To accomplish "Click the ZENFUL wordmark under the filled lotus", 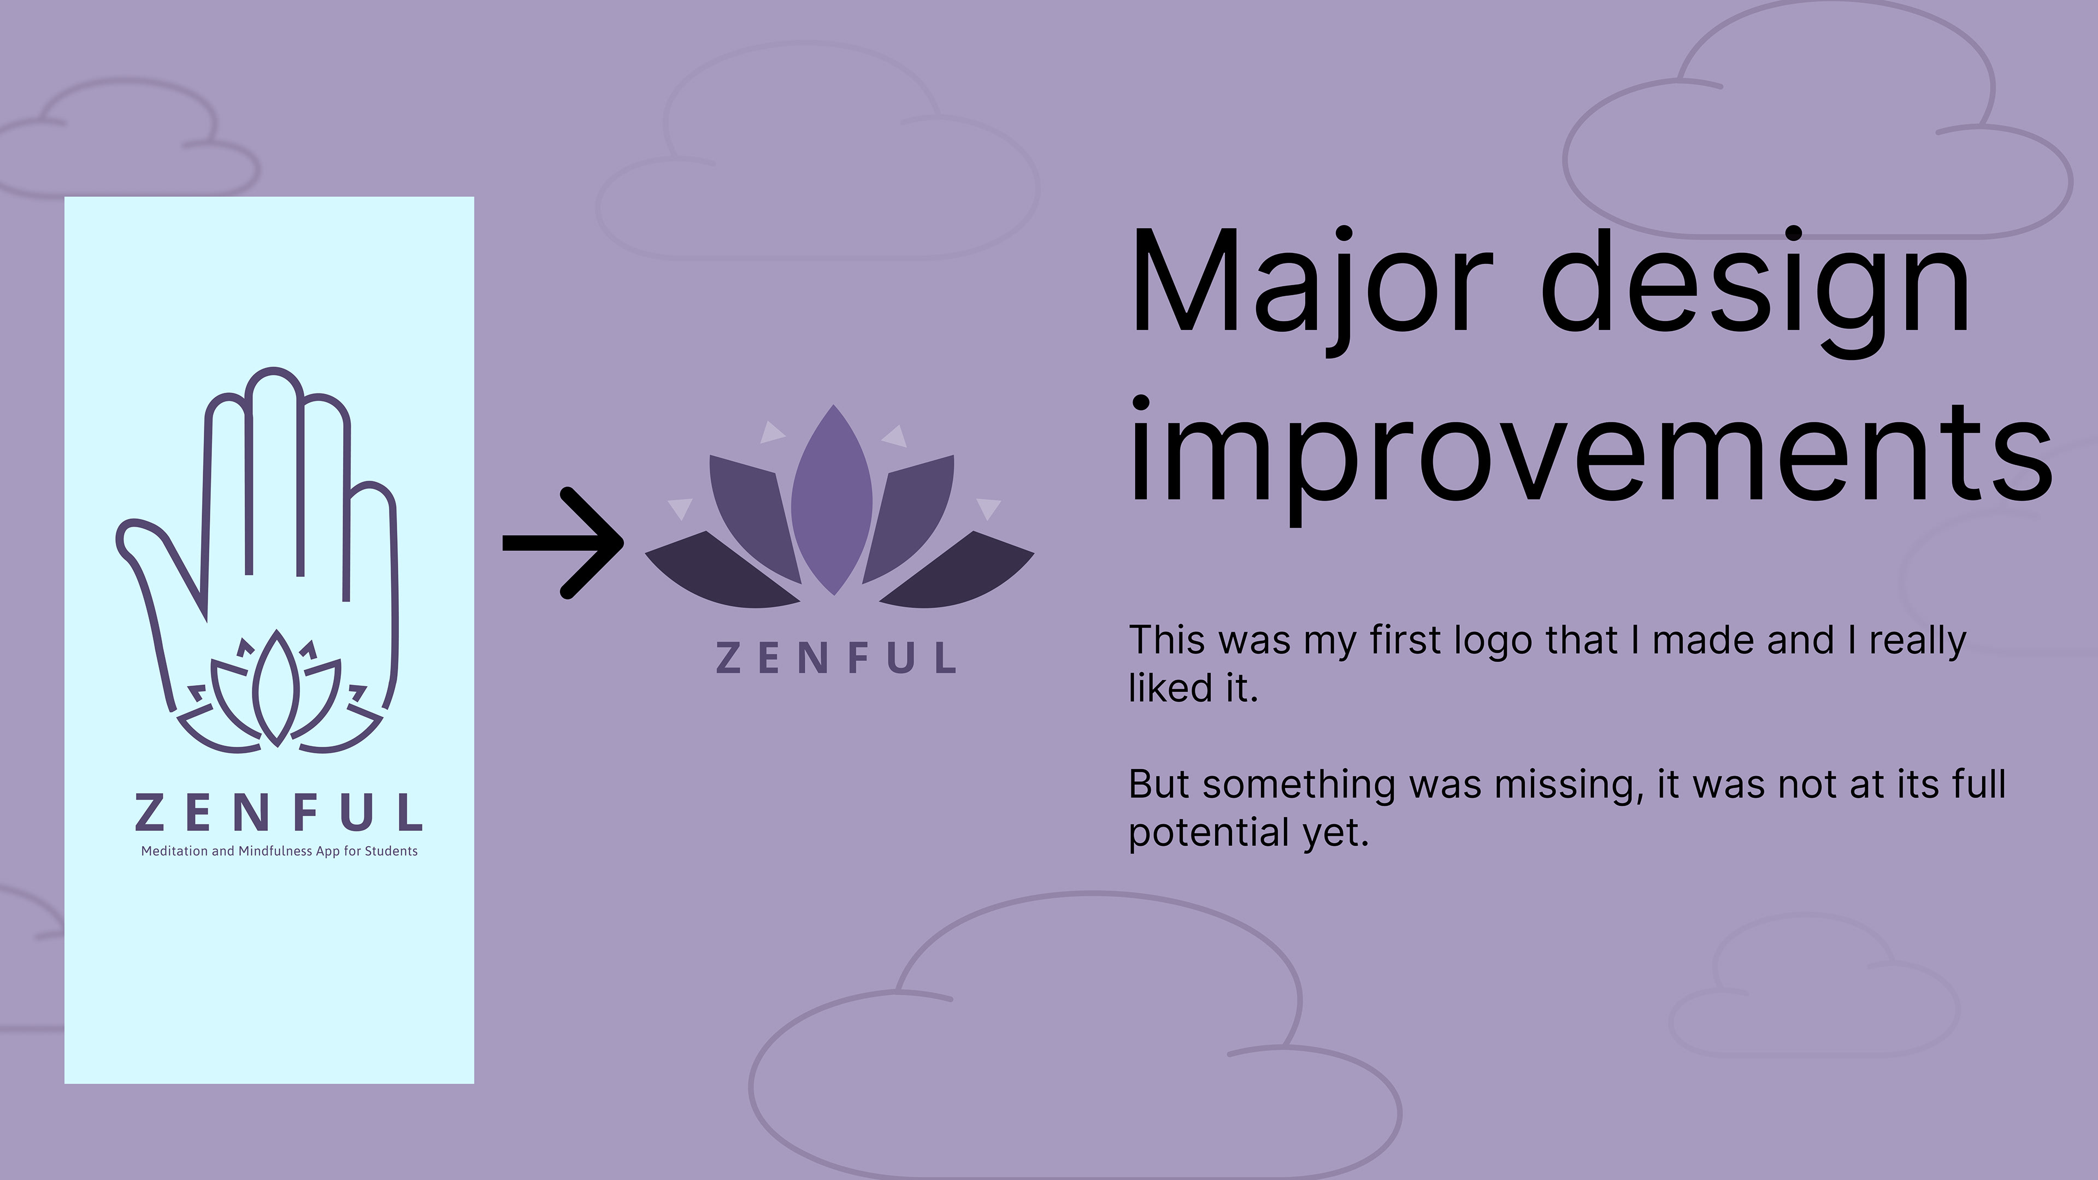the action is pyautogui.click(x=835, y=658).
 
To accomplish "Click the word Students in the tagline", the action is pyautogui.click(x=391, y=851).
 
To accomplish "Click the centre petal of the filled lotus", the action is pyautogui.click(x=832, y=499).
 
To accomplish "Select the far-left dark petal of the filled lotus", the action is pyautogui.click(x=722, y=570).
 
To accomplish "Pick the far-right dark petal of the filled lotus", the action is pyautogui.click(x=958, y=570).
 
